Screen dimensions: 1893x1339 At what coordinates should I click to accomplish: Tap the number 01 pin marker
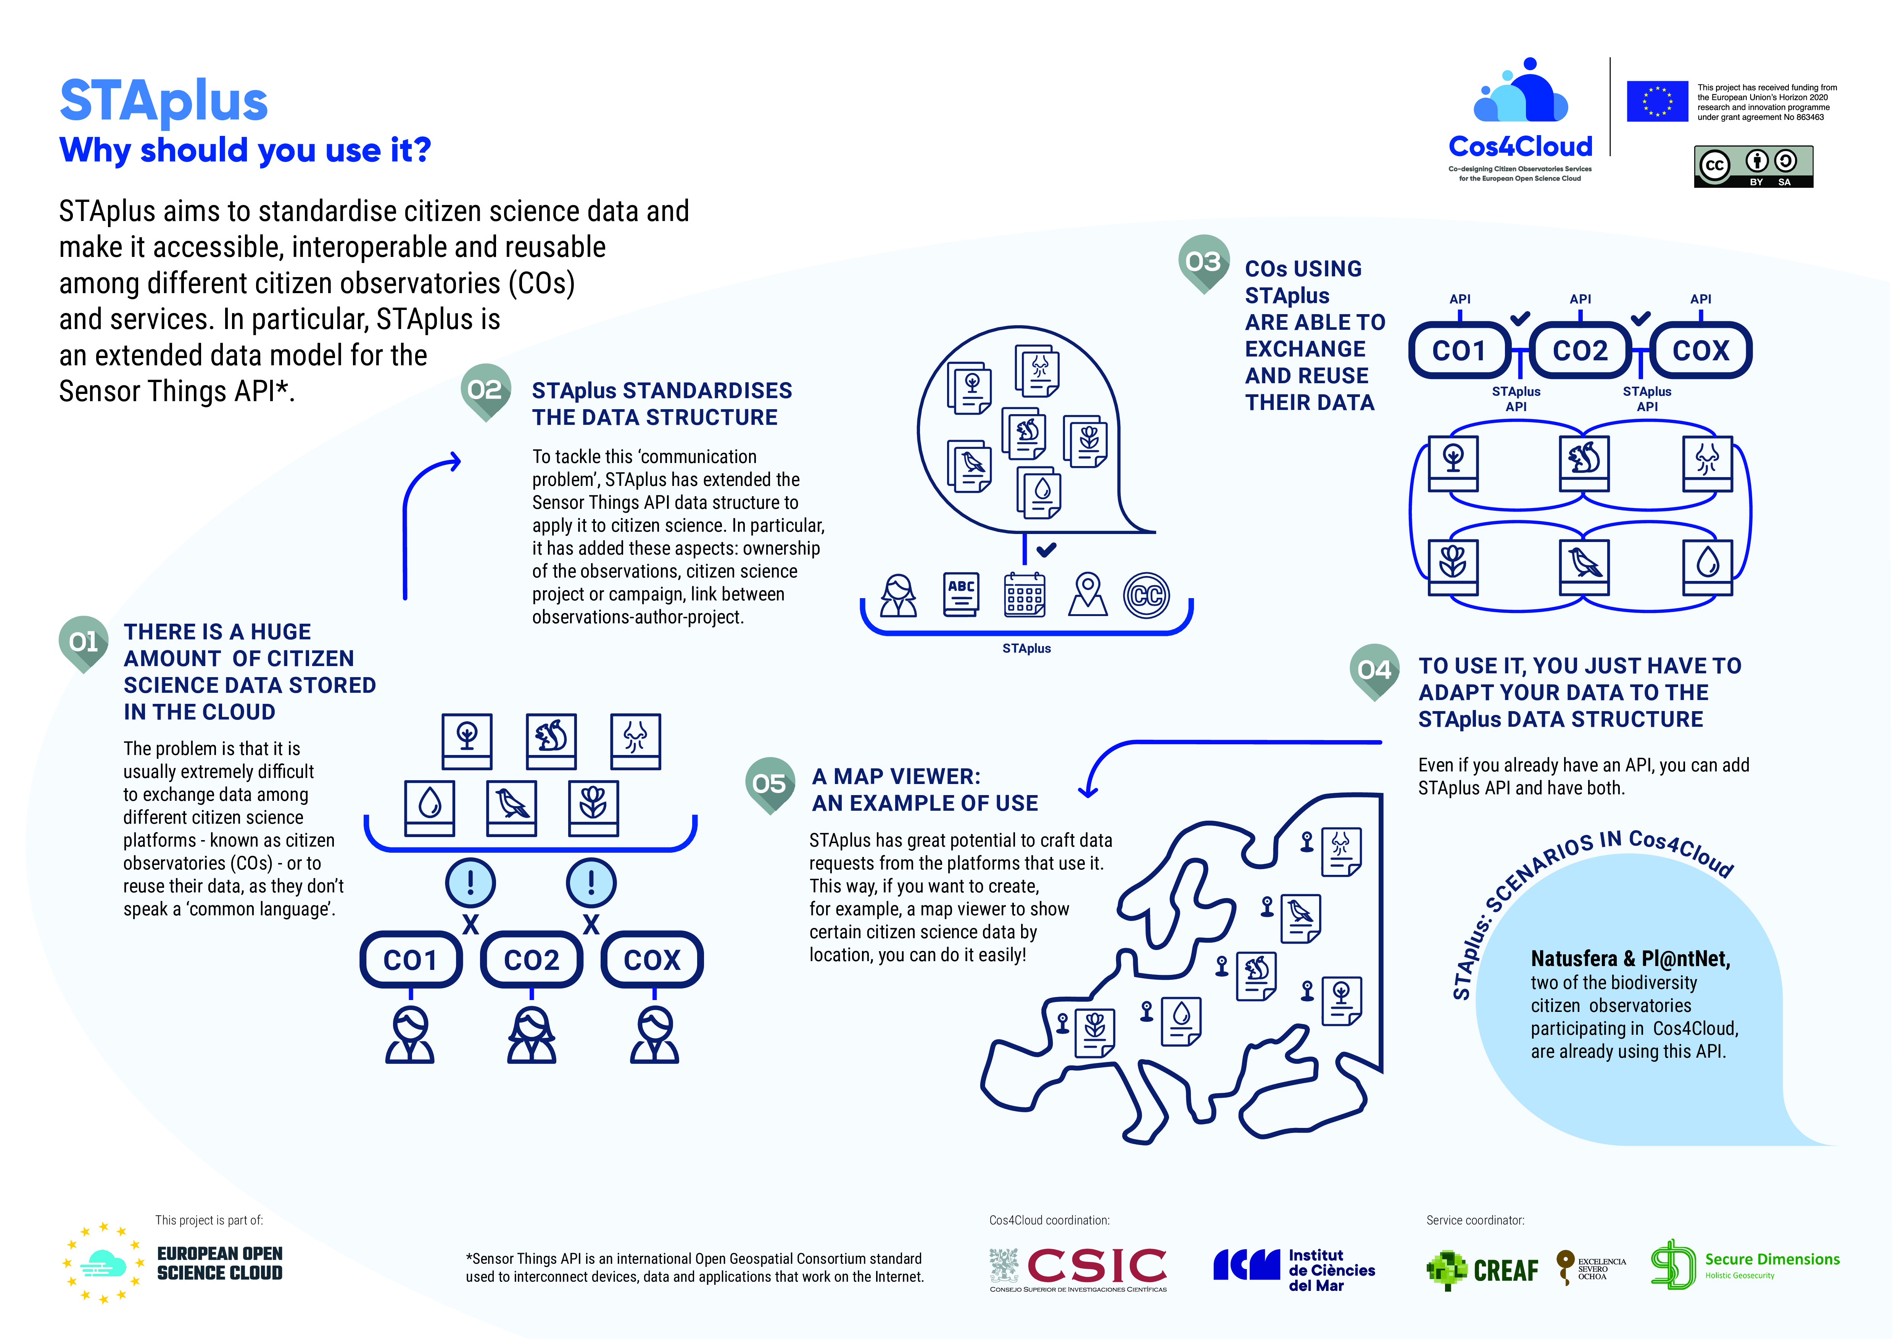point(83,643)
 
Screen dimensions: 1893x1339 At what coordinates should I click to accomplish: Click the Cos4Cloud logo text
point(1520,147)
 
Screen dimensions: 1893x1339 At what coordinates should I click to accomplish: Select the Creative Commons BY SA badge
point(1754,166)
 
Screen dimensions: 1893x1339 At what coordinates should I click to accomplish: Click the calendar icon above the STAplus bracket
point(1025,594)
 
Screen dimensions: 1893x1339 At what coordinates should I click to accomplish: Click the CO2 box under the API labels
point(1580,350)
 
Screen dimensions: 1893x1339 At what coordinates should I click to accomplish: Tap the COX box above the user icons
point(652,960)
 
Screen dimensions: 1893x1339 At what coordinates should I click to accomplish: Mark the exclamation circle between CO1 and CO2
point(471,882)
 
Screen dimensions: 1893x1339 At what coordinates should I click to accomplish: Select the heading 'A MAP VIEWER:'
point(896,777)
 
